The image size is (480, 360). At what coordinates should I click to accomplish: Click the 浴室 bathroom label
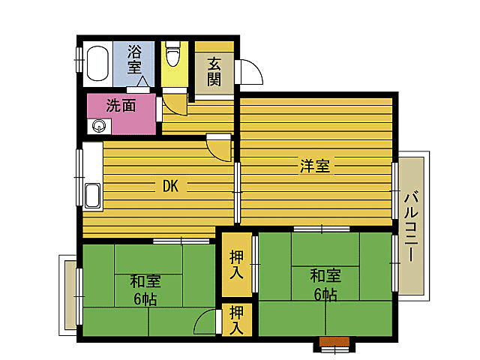[134, 59]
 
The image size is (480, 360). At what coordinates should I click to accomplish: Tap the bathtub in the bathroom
[98, 64]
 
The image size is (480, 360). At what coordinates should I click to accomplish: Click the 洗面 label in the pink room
[120, 106]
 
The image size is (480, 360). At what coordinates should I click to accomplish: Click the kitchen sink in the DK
[92, 196]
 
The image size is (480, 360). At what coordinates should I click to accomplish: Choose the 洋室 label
[314, 166]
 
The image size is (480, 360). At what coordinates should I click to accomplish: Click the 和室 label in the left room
[145, 281]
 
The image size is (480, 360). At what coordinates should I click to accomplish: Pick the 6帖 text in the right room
[325, 294]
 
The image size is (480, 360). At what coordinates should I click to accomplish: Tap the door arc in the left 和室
[205, 324]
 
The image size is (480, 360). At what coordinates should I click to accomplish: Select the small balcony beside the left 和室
[68, 292]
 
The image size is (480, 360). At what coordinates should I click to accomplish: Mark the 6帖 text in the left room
[145, 299]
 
